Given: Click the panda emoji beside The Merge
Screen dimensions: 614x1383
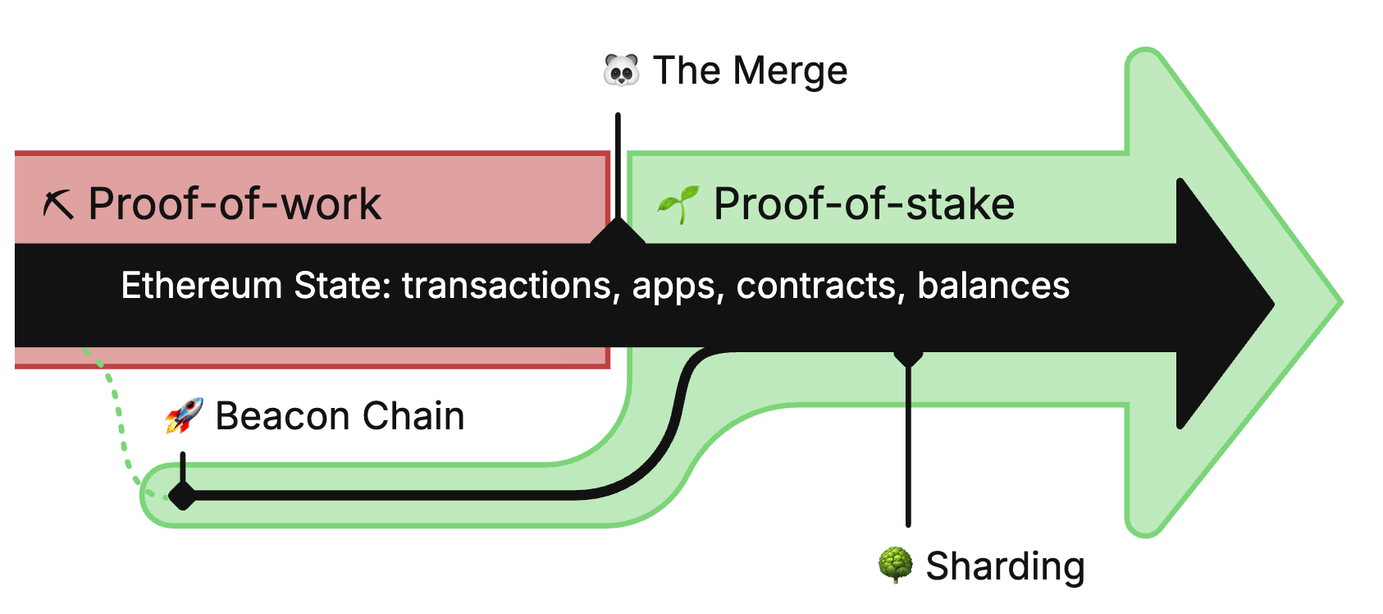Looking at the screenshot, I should coord(621,71).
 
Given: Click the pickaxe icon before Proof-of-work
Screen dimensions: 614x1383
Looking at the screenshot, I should coord(58,204).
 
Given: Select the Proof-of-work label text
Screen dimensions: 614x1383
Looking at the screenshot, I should coord(235,204).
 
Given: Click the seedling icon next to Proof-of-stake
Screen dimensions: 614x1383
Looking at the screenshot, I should coord(678,204).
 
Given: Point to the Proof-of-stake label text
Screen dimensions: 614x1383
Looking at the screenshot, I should coord(864,204).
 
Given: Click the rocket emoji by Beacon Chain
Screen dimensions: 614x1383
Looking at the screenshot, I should coord(184,415).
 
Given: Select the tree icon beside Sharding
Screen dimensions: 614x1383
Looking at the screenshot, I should coord(895,566).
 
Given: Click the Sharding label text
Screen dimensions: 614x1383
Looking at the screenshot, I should coord(1005,566).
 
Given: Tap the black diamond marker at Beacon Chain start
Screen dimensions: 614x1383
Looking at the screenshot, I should coord(182,495).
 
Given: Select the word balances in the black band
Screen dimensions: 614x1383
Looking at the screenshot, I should coord(993,286).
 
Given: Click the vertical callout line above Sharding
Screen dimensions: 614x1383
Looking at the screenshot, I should coord(908,443).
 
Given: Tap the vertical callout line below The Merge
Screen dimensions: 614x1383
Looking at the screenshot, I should coord(618,164).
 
